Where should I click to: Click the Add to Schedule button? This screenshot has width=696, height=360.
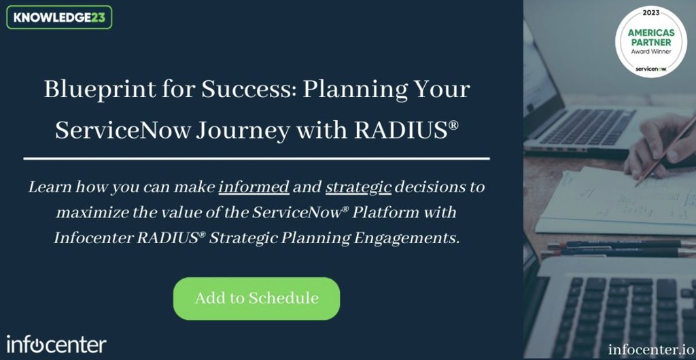pyautogui.click(x=256, y=298)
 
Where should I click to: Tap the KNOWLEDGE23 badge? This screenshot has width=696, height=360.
pyautogui.click(x=59, y=17)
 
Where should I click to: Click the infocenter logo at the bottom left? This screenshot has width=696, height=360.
pyautogui.click(x=56, y=344)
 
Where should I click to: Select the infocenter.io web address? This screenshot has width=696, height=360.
pyautogui.click(x=649, y=349)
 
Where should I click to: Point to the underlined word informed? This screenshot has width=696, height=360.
pyautogui.click(x=254, y=187)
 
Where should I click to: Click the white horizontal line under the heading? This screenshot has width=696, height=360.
pyautogui.click(x=256, y=158)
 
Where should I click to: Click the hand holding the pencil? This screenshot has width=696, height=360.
pyautogui.click(x=652, y=146)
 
